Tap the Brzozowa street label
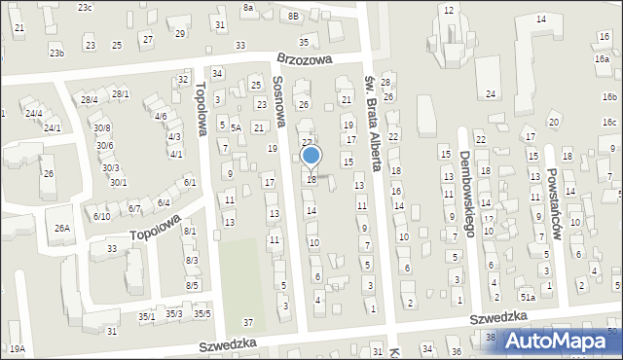click(x=303, y=59)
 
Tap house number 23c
click(x=86, y=8)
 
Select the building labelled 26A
click(x=63, y=229)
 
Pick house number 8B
click(x=293, y=16)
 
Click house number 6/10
click(x=101, y=216)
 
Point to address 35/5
click(x=202, y=313)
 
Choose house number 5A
click(x=236, y=127)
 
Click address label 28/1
click(x=121, y=93)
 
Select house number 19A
click(x=18, y=348)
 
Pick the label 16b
click(x=609, y=97)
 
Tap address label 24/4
click(x=34, y=113)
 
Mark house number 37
click(x=249, y=322)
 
